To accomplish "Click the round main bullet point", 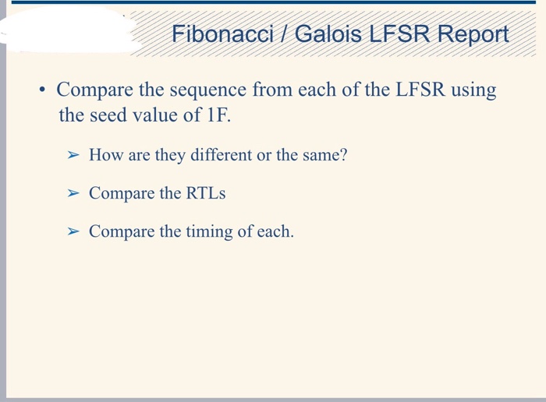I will pyautogui.click(x=42, y=91).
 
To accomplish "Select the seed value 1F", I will pyautogui.click(x=218, y=116).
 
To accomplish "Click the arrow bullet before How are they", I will pyautogui.click(x=73, y=156).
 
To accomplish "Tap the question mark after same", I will pyautogui.click(x=343, y=155).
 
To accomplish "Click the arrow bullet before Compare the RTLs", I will pyautogui.click(x=73, y=194).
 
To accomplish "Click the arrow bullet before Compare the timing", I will pyautogui.click(x=73, y=232).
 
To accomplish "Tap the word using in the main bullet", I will pyautogui.click(x=473, y=91).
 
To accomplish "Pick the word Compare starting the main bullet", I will pyautogui.click(x=94, y=90).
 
